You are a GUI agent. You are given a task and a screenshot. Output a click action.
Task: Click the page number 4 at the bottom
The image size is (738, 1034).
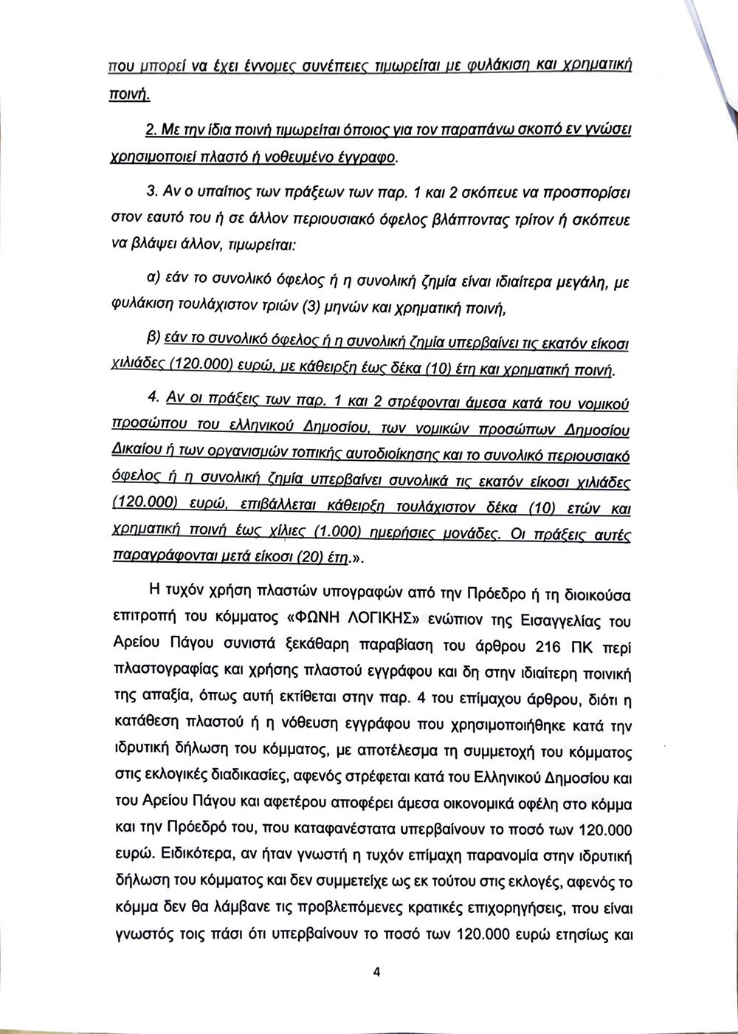click(376, 973)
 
